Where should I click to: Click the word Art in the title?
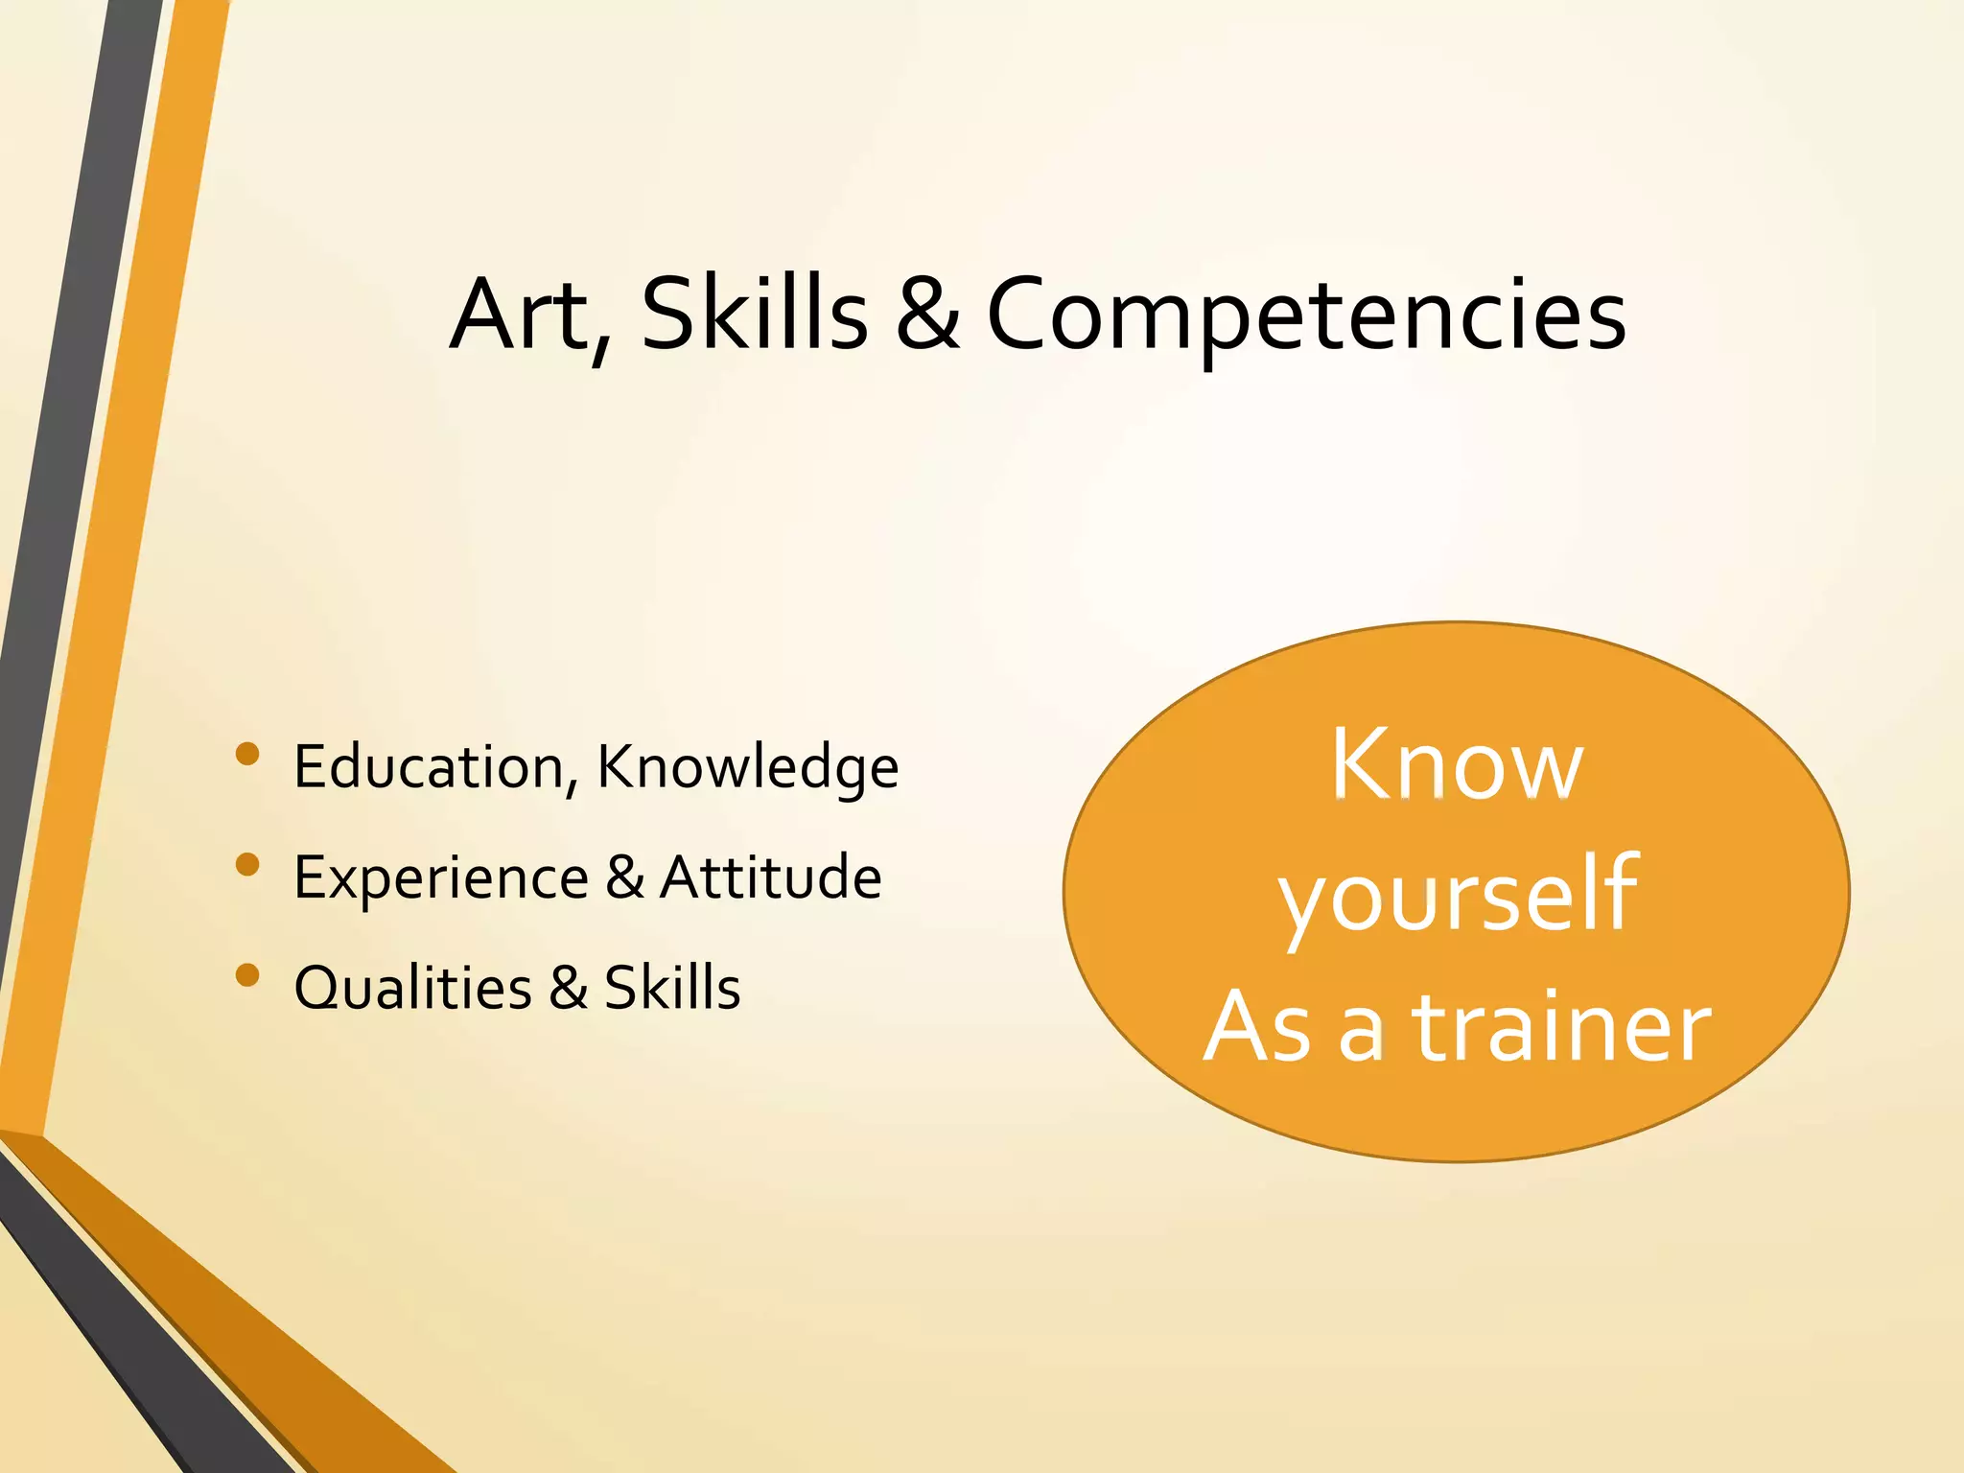pyautogui.click(x=522, y=315)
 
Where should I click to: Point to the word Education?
pyautogui.click(x=429, y=767)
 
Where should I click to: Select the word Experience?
pyautogui.click(x=441, y=878)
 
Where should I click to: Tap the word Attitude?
pyautogui.click(x=771, y=877)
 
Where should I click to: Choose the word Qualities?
pyautogui.click(x=412, y=988)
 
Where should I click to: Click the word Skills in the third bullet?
pyautogui.click(x=672, y=987)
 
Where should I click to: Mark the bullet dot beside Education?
pyautogui.click(x=247, y=754)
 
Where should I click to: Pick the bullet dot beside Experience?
pyautogui.click(x=247, y=864)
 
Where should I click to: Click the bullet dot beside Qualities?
pyautogui.click(x=247, y=975)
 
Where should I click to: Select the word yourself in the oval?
pyautogui.click(x=1458, y=896)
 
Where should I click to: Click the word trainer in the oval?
pyautogui.click(x=1562, y=1027)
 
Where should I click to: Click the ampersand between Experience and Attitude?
pyautogui.click(x=624, y=877)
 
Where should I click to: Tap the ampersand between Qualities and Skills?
pyautogui.click(x=569, y=987)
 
